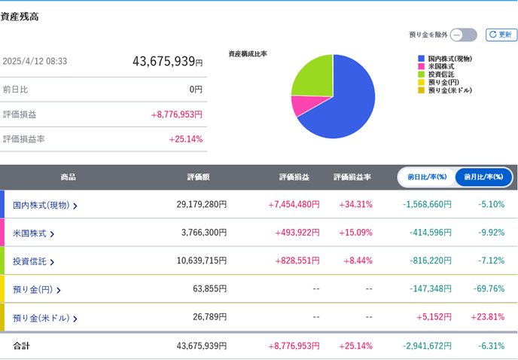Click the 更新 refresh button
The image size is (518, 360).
pyautogui.click(x=501, y=35)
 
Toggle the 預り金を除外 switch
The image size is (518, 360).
pyautogui.click(x=463, y=35)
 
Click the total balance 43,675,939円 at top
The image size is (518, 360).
pyautogui.click(x=167, y=62)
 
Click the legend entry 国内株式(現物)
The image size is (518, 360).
pyautogui.click(x=449, y=58)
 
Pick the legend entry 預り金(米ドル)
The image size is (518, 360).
pyautogui.click(x=449, y=90)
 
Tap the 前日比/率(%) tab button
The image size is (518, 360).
pyautogui.click(x=427, y=177)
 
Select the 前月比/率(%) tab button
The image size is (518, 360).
pyautogui.click(x=483, y=177)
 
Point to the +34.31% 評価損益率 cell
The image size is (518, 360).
pyautogui.click(x=355, y=204)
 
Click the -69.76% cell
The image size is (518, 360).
pyautogui.click(x=489, y=288)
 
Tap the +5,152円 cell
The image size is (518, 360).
pyautogui.click(x=434, y=317)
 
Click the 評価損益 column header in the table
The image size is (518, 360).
pyautogui.click(x=294, y=177)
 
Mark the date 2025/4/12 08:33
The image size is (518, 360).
pyautogui.click(x=35, y=62)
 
